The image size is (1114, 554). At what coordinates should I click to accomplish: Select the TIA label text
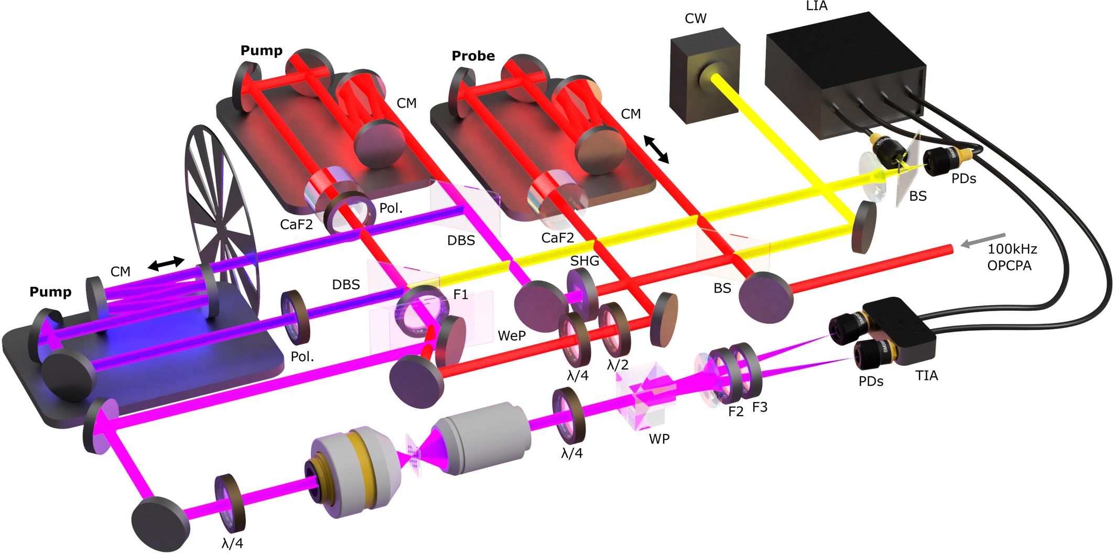coord(926,376)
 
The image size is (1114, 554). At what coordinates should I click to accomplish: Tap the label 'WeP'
coord(511,336)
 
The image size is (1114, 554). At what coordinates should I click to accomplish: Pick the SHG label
coord(585,260)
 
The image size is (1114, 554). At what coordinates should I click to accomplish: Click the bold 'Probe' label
coord(473,56)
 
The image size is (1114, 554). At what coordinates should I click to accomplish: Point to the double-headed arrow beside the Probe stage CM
coord(656,149)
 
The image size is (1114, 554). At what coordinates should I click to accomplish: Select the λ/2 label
coord(618,365)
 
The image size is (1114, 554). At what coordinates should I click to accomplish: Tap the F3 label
coord(760,407)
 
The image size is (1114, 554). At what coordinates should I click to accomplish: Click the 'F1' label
coord(460,295)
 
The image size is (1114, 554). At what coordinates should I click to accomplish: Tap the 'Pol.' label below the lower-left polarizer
coord(302,357)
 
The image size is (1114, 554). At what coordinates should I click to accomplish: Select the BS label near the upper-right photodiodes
coord(918,197)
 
